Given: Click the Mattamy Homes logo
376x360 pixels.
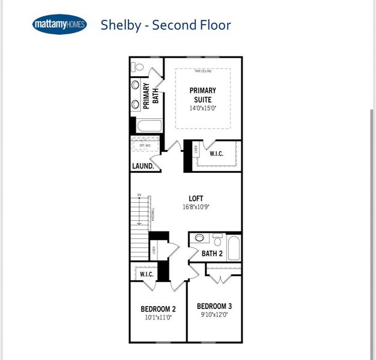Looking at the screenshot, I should pos(59,25).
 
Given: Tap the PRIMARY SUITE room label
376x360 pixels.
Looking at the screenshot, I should pos(202,95).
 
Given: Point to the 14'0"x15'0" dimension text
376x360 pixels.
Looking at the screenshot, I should pos(202,109).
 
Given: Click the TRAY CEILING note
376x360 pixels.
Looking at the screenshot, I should pos(202,71).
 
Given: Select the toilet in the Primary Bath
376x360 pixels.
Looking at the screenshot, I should pos(138,67).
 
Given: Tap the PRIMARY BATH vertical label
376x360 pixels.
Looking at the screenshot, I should pos(150,96).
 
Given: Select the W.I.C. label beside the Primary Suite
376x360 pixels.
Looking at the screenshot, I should pos(216,154).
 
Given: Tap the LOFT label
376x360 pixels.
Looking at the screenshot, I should pos(196,198).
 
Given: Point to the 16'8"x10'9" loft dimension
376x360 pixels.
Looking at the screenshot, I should pos(196,206).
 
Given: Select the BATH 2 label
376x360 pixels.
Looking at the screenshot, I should pos(212,253).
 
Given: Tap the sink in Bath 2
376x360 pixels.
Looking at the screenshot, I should pos(199,238).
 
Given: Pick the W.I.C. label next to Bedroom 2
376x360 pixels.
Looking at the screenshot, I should pos(147,274).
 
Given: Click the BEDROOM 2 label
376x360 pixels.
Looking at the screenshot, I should pos(158,309).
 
